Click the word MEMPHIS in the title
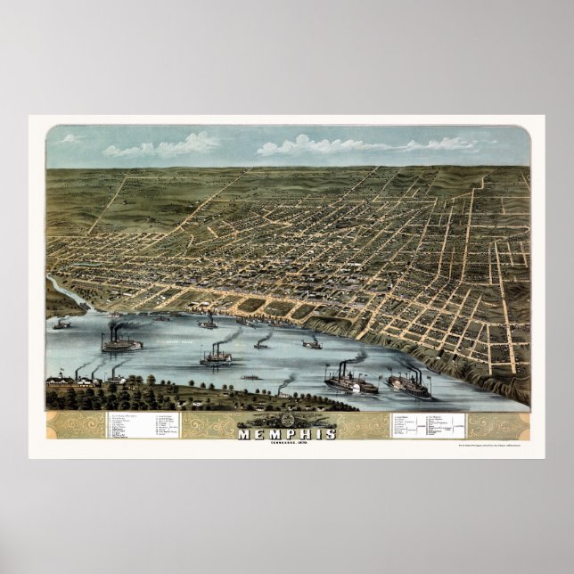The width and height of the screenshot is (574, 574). pyautogui.click(x=287, y=434)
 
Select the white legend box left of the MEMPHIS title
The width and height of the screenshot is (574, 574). pyautogui.click(x=143, y=425)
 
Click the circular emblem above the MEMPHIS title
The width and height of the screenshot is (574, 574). pyautogui.click(x=287, y=421)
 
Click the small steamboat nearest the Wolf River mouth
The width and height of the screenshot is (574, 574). pyautogui.click(x=61, y=324)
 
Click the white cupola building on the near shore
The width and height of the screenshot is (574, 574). pyautogui.click(x=116, y=379)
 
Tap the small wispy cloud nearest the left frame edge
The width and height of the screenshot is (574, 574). pyautogui.click(x=68, y=139)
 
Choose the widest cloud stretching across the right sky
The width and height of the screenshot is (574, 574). pyautogui.click(x=365, y=144)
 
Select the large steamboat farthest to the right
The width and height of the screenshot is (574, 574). pyautogui.click(x=409, y=384)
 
